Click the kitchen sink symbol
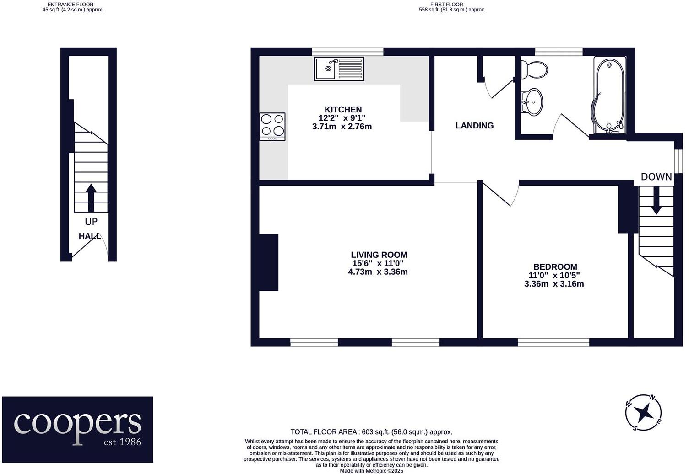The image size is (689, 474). tap(339, 69)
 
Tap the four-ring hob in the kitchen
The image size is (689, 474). tap(272, 127)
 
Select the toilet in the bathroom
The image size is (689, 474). tap(534, 69)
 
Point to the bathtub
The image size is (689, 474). tap(609, 95)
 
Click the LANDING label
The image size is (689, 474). tap(474, 126)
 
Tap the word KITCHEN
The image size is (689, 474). tap(343, 110)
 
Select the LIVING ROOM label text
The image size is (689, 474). tap(379, 255)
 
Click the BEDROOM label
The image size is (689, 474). tap(555, 267)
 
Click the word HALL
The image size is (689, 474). tap(89, 236)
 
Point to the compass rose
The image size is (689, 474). tap(644, 412)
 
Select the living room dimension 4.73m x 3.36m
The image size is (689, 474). tap(378, 272)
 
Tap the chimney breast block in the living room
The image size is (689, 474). tap(269, 262)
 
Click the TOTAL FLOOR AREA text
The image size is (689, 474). tap(371, 432)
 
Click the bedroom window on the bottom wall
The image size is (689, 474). tap(553, 342)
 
